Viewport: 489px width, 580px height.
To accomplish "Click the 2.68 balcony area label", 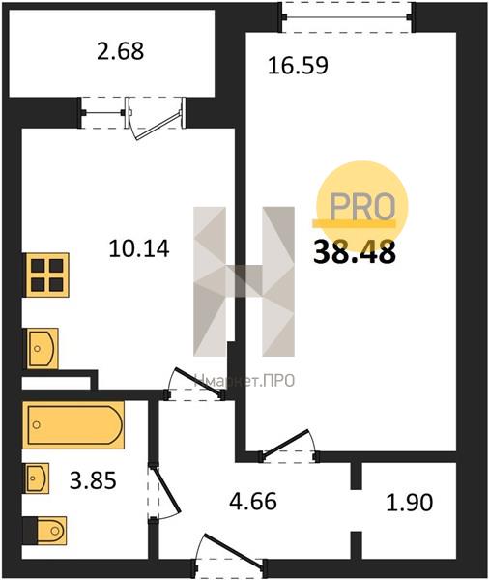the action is point(120,51).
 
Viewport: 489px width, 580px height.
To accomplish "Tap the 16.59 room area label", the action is point(298,66).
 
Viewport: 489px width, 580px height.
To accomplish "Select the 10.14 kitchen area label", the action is point(139,248).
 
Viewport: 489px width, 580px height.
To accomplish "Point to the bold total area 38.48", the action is point(355,252).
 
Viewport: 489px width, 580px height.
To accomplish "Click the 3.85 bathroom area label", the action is point(93,481).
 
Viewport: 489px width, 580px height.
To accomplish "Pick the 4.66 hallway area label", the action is point(253,502).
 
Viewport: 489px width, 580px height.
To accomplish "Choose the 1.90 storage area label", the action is point(409,503).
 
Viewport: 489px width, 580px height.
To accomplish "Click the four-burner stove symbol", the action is point(46,275).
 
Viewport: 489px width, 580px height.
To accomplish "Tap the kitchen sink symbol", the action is point(42,348).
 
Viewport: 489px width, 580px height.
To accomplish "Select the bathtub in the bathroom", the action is point(73,425).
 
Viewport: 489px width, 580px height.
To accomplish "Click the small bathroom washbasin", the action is point(37,478).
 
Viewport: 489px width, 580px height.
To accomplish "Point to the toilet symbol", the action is point(45,531).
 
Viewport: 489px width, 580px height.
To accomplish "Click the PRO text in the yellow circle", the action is point(362,207).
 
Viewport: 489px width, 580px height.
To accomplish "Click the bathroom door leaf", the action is point(165,490).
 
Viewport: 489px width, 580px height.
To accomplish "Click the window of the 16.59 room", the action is point(348,17).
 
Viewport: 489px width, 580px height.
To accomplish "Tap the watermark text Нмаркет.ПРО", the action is point(244,380).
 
